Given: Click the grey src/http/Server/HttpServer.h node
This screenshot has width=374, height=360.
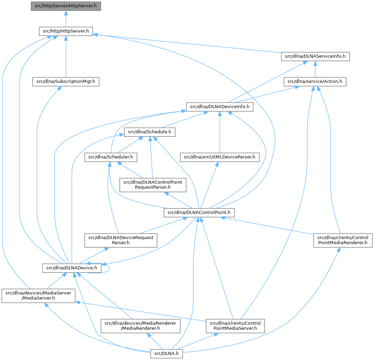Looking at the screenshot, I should pyautogui.click(x=66, y=6).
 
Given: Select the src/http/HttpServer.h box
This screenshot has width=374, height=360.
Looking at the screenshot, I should pyautogui.click(x=66, y=31).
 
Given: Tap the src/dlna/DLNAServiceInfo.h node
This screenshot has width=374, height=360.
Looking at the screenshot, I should pyautogui.click(x=315, y=56).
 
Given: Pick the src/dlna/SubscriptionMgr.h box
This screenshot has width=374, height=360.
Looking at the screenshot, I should pyautogui.click(x=65, y=82).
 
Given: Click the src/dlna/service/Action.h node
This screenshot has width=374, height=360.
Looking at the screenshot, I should pyautogui.click(x=315, y=82).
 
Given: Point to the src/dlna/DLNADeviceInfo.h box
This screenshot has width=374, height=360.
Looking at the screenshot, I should pyautogui.click(x=219, y=107).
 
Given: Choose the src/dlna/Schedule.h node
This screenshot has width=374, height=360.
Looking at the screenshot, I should pyautogui.click(x=150, y=132).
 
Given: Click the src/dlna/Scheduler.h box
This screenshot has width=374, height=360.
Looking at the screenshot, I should pyautogui.click(x=111, y=157).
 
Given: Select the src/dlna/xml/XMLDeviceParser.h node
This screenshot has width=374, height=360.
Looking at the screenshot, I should pyautogui.click(x=219, y=157).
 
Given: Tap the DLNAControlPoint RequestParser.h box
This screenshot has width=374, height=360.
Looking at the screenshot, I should pyautogui.click(x=153, y=185).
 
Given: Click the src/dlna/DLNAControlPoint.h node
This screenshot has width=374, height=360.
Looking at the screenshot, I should pyautogui.click(x=199, y=213).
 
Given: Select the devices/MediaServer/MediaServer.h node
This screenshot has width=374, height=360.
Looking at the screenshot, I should pyautogui.click(x=38, y=296).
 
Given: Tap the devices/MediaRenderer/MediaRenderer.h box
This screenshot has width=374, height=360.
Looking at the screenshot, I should pyautogui.click(x=140, y=326).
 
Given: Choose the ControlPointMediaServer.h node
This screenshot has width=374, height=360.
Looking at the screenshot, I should pyautogui.click(x=235, y=326).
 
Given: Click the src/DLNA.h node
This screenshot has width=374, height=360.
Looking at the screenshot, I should pyautogui.click(x=167, y=353).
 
